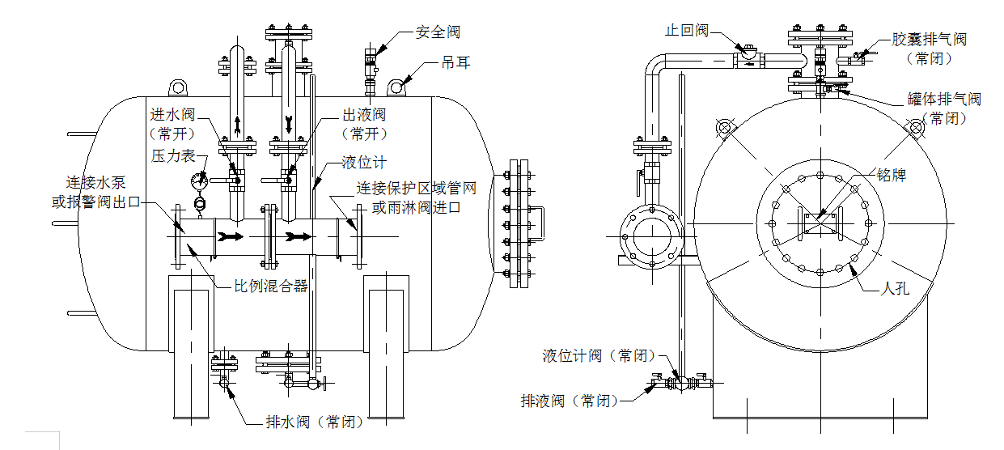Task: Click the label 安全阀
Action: pos(438,32)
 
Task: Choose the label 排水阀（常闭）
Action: pos(315,422)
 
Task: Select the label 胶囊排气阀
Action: pos(929,39)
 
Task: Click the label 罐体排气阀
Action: pos(943,100)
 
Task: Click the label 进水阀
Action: pos(172,115)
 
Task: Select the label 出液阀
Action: pos(364,115)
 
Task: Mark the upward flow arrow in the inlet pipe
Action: pos(236,125)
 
